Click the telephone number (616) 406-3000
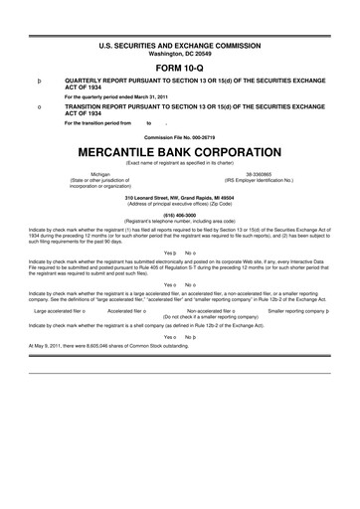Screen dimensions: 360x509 [x=180, y=213]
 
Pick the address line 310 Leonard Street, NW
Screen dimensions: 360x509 [x=180, y=196]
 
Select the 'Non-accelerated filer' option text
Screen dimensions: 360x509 [x=212, y=310]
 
